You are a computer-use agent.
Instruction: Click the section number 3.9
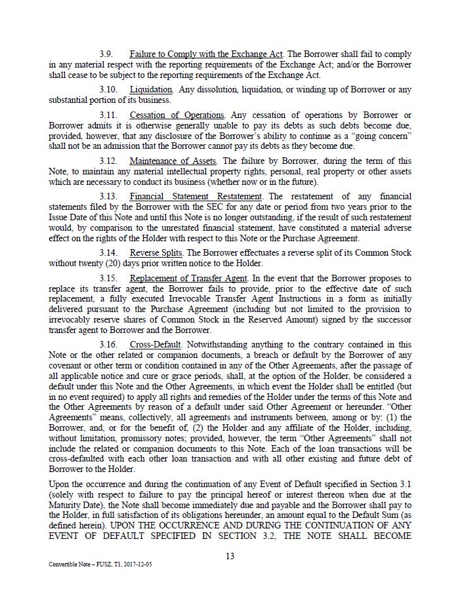click(106, 54)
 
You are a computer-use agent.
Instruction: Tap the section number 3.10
click(108, 89)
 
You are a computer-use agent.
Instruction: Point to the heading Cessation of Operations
click(177, 115)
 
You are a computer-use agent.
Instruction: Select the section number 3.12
click(108, 161)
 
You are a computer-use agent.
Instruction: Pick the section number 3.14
click(108, 252)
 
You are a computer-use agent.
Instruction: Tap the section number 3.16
click(108, 344)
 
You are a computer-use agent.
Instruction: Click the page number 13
click(230, 556)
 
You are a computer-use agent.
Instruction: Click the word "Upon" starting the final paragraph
click(59, 483)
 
